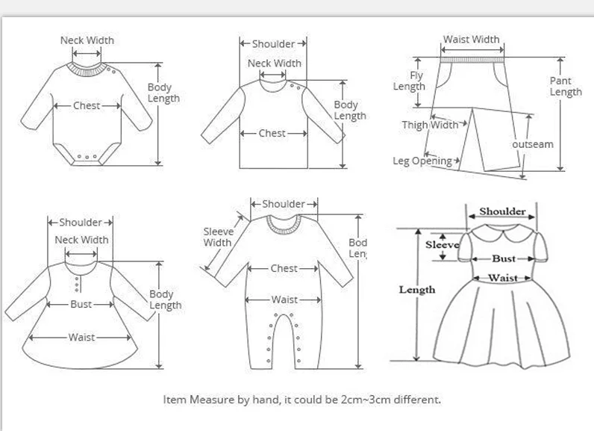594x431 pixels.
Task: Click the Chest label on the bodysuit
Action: [87, 105]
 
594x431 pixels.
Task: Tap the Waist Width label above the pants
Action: [471, 39]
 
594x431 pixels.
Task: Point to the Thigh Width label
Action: [430, 125]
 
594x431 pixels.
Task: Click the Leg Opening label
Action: [422, 161]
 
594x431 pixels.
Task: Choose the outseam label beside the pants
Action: [533, 144]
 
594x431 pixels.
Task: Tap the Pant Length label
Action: [565, 86]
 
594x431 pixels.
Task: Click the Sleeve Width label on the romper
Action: [218, 237]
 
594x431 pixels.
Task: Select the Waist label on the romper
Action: [284, 300]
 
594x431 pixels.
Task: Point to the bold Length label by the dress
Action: [416, 289]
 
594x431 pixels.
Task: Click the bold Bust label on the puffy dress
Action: [503, 258]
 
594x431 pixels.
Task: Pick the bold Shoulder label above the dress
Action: [502, 211]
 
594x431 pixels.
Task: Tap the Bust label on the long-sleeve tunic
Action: [81, 304]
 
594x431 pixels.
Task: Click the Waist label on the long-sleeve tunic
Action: [81, 338]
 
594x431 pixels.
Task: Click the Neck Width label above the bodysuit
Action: [87, 40]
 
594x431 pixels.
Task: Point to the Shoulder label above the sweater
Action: [273, 44]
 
